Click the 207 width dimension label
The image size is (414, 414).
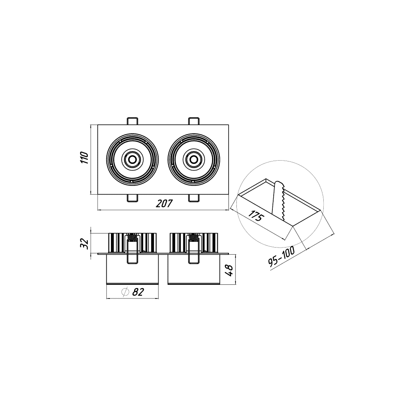164,204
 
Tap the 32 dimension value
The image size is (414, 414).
84,243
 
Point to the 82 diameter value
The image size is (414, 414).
138,292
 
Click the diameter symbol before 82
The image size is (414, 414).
125,292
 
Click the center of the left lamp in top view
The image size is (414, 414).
132,159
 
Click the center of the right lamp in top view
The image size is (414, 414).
193,159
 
